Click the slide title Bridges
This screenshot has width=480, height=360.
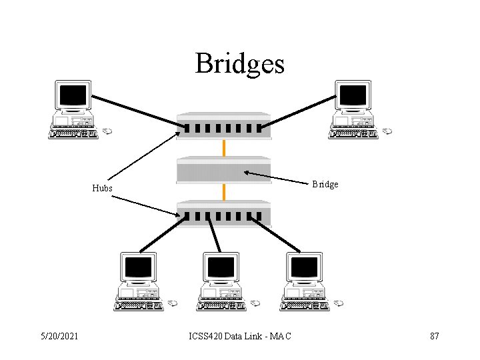pos(239,63)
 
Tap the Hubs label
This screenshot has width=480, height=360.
pos(102,188)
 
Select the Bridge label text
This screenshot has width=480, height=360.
pos(325,184)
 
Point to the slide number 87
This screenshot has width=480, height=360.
pos(434,336)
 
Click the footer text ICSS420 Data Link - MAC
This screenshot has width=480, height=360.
pos(239,336)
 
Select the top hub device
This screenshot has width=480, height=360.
pos(224,126)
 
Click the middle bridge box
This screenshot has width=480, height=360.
pos(224,170)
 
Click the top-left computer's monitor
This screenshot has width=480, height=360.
pos(73,95)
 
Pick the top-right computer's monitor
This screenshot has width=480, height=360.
pos(353,95)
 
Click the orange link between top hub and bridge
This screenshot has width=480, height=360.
pos(224,147)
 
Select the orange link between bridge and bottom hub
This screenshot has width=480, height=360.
pos(224,192)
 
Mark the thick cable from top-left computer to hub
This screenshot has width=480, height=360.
pos(133,109)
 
